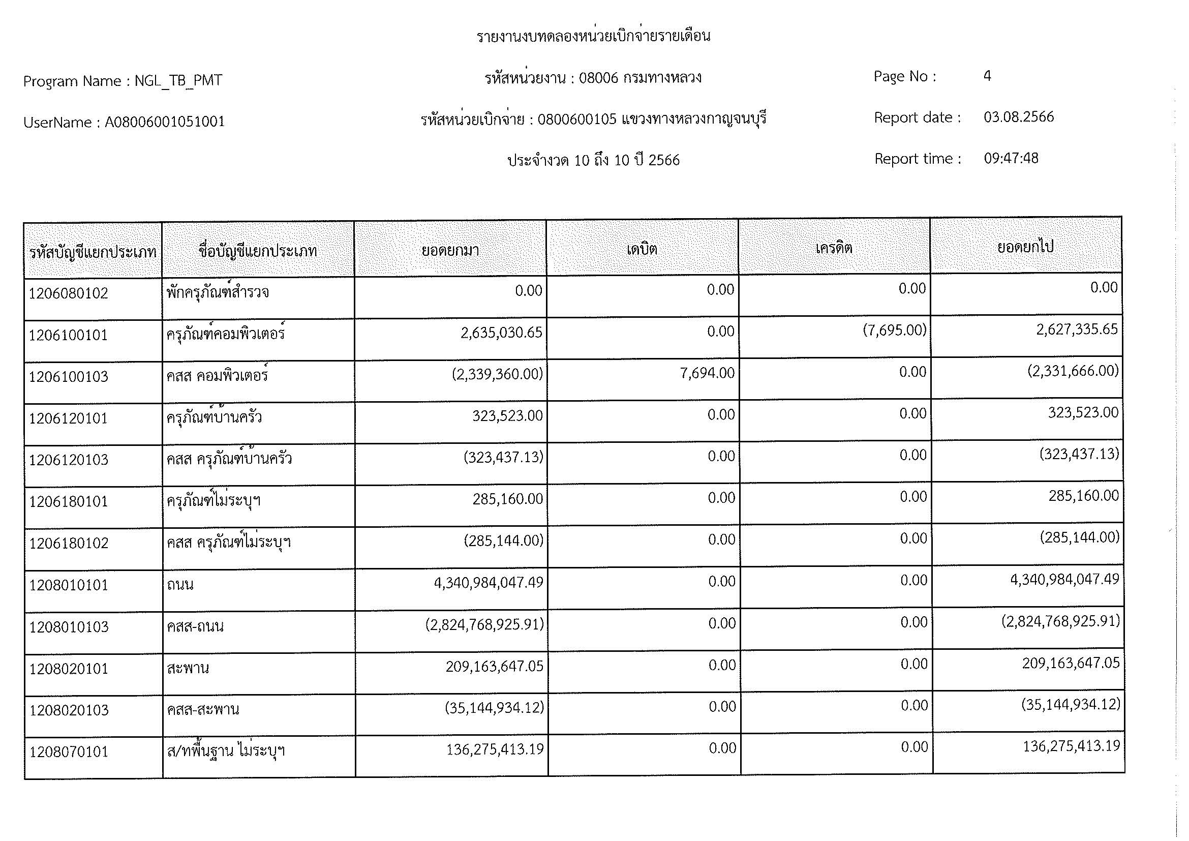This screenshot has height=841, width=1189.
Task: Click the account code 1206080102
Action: (68, 293)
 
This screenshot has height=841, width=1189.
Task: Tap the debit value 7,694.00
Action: (707, 373)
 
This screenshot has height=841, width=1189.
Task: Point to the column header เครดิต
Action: (834, 249)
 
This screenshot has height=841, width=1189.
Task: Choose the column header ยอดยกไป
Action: (1025, 248)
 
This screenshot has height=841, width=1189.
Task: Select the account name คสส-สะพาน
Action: (203, 709)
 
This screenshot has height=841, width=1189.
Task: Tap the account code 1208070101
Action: (68, 752)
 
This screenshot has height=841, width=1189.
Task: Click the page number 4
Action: (987, 77)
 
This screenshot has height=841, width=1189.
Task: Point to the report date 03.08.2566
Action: (1019, 117)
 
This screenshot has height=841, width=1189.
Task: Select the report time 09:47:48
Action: (1011, 159)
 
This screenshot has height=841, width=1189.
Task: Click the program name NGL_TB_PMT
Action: (178, 81)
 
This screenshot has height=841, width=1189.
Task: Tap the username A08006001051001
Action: (165, 122)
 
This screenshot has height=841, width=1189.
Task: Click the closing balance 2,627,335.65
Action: (1077, 330)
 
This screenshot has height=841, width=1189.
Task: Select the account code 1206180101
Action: (68, 502)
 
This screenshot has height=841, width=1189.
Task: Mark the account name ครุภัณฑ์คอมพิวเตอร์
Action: (226, 334)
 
